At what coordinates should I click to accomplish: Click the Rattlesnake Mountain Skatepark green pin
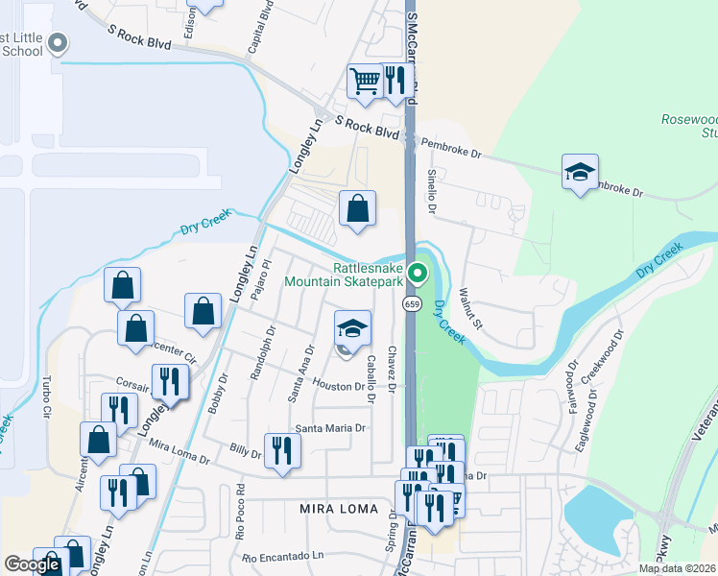[418, 275]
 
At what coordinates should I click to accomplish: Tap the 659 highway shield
[411, 304]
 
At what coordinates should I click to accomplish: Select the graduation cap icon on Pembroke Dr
[580, 173]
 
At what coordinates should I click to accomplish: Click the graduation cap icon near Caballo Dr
[352, 329]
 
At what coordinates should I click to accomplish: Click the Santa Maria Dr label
[331, 428]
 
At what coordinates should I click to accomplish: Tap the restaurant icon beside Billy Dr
[282, 450]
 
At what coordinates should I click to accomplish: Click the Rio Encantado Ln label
[291, 557]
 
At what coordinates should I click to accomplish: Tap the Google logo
[32, 564]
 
